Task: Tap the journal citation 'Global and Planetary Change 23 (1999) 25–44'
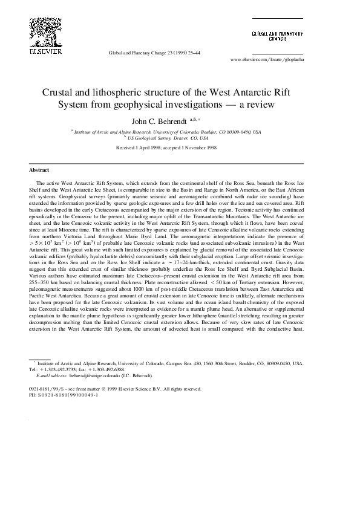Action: pyautogui.click(x=154, y=53)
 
